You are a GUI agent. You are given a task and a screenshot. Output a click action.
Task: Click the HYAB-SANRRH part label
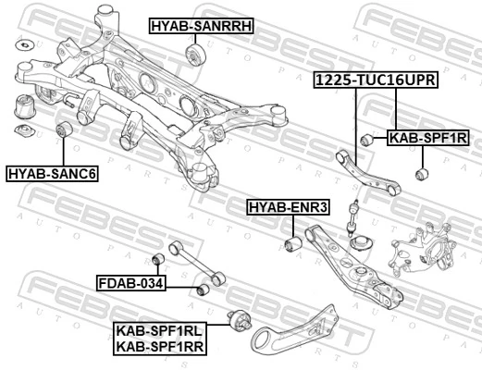[x=201, y=26]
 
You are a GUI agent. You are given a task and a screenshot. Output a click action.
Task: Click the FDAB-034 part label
[x=131, y=282]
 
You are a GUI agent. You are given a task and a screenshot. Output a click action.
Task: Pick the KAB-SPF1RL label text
[x=160, y=330]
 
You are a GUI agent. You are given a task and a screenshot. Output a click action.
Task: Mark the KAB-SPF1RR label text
[x=160, y=347]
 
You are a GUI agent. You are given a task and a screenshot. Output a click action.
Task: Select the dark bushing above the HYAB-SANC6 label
[x=65, y=131]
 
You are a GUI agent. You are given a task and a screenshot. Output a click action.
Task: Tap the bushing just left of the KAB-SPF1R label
[x=366, y=140]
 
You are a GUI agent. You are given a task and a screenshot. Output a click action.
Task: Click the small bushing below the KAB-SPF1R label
[x=422, y=172]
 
